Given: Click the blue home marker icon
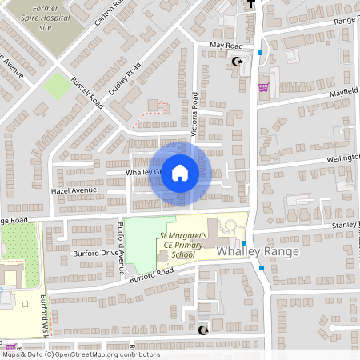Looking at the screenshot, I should [x=180, y=173].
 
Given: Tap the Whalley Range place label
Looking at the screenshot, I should [x=258, y=251].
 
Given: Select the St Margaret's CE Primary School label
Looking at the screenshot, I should [x=182, y=245].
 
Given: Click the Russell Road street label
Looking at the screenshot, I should [x=87, y=92].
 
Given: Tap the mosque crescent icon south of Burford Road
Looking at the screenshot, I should [x=202, y=330].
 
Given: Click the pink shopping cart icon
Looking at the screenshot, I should [x=262, y=88].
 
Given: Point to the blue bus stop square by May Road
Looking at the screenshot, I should [x=260, y=54].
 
